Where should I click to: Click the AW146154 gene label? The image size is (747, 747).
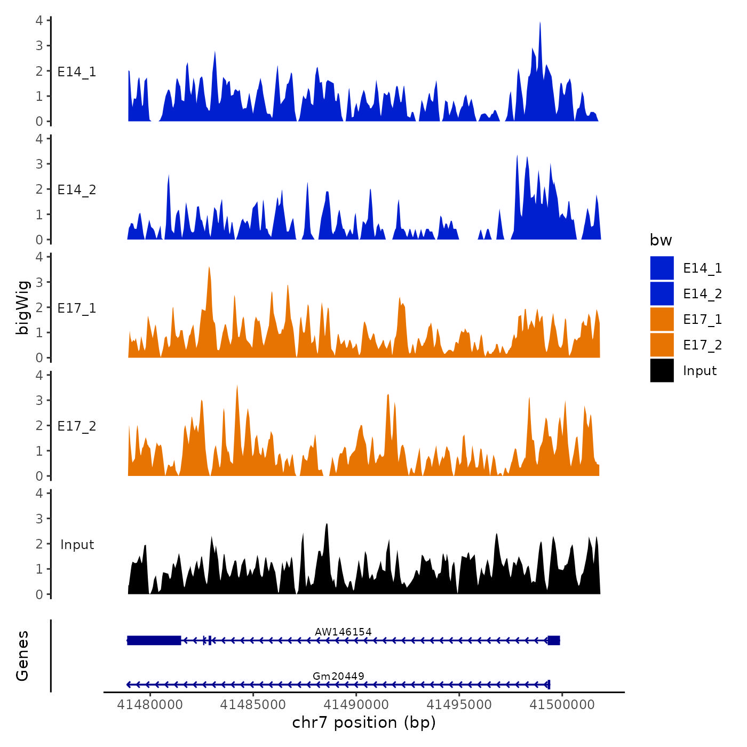pyautogui.click(x=343, y=632)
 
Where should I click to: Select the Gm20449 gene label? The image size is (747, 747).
pyautogui.click(x=338, y=676)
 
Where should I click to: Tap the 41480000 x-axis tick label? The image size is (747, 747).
pyautogui.click(x=150, y=704)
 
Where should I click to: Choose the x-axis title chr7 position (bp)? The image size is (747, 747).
pyautogui.click(x=364, y=722)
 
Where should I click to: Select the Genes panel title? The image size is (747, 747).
pyautogui.click(x=22, y=656)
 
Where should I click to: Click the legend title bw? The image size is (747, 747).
pyautogui.click(x=661, y=240)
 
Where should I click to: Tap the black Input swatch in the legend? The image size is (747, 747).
pyautogui.click(x=662, y=370)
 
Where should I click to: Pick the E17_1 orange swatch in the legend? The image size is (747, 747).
pyautogui.click(x=662, y=319)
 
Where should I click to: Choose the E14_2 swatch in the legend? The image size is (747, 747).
pyautogui.click(x=662, y=293)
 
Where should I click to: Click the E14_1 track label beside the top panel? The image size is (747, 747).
pyautogui.click(x=77, y=71)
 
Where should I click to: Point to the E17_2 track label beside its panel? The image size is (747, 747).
pyautogui.click(x=77, y=426)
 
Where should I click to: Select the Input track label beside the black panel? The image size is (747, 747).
pyautogui.click(x=77, y=544)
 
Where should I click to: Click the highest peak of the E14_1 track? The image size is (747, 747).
pyautogui.click(x=540, y=23)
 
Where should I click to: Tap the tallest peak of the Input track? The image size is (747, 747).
pyautogui.click(x=327, y=525)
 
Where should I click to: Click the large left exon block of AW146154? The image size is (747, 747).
pyautogui.click(x=154, y=640)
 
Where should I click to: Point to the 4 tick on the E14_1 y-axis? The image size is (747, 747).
pyautogui.click(x=39, y=20)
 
